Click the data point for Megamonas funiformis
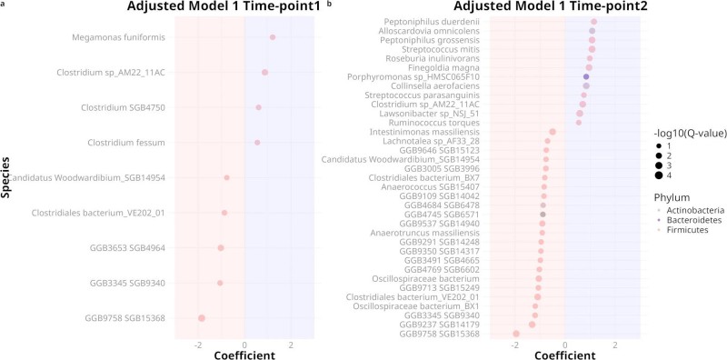tap(272, 37)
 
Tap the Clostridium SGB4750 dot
tap(258, 107)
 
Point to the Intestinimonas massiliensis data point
tap(553, 132)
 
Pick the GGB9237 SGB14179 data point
tap(533, 325)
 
